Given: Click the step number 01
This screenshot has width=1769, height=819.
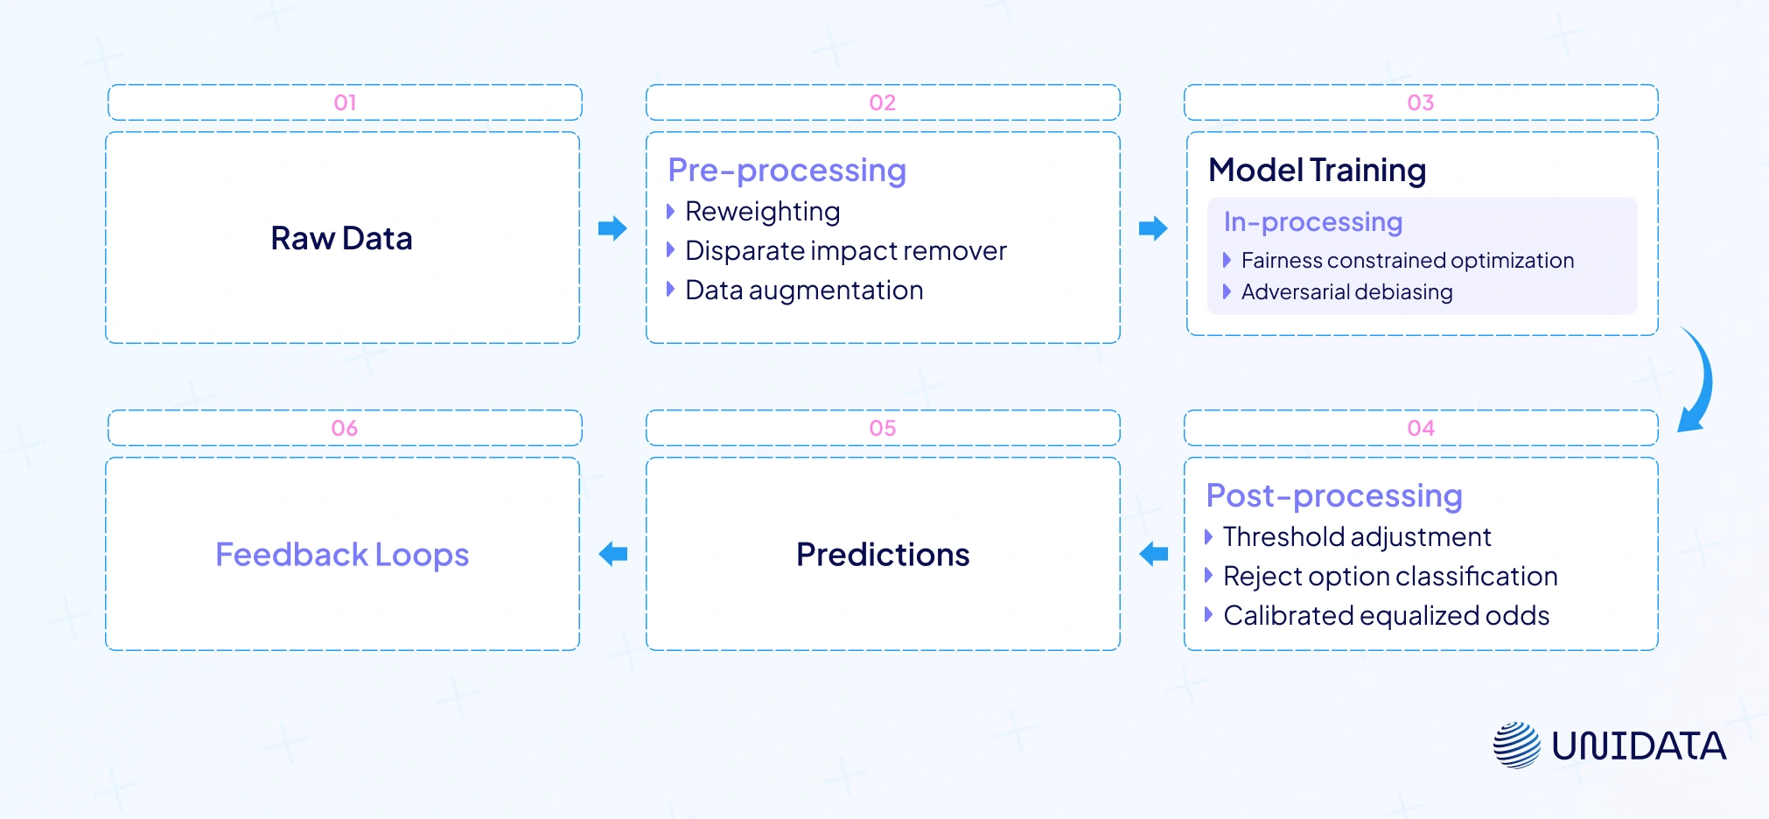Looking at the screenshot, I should click(345, 102).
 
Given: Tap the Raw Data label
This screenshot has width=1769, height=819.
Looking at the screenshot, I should click(341, 238).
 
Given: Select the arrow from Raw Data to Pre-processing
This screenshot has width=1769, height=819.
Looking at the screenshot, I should click(612, 228).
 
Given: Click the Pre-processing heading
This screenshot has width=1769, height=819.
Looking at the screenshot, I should click(787, 170).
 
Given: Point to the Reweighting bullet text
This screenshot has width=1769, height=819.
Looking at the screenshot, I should click(762, 212).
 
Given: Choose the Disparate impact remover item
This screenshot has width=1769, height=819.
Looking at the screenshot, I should click(845, 251).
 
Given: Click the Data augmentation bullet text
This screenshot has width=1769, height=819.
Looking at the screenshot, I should click(803, 290).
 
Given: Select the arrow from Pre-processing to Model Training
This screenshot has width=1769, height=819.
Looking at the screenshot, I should click(1153, 228).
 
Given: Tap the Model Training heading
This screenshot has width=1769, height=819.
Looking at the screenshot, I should click(1317, 170).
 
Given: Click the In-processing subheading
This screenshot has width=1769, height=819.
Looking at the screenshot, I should click(1312, 222).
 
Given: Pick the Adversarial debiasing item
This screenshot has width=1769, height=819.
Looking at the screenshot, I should click(1346, 292).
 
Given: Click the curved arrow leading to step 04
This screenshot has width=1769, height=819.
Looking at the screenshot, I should click(1698, 381).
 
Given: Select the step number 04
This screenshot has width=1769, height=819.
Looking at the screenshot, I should click(1421, 428).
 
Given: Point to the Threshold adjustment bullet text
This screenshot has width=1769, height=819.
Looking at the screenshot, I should click(1356, 537).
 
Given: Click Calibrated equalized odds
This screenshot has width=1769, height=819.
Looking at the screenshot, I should click(1386, 616).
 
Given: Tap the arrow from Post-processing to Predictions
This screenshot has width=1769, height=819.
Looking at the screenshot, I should click(1153, 554).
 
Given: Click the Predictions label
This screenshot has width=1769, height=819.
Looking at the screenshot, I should click(883, 555).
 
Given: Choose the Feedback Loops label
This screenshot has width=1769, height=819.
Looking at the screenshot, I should click(342, 555).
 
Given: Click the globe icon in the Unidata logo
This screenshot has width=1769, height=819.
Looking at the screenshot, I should click(1516, 745).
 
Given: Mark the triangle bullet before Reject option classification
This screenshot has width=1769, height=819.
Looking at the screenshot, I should click(1208, 576).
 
